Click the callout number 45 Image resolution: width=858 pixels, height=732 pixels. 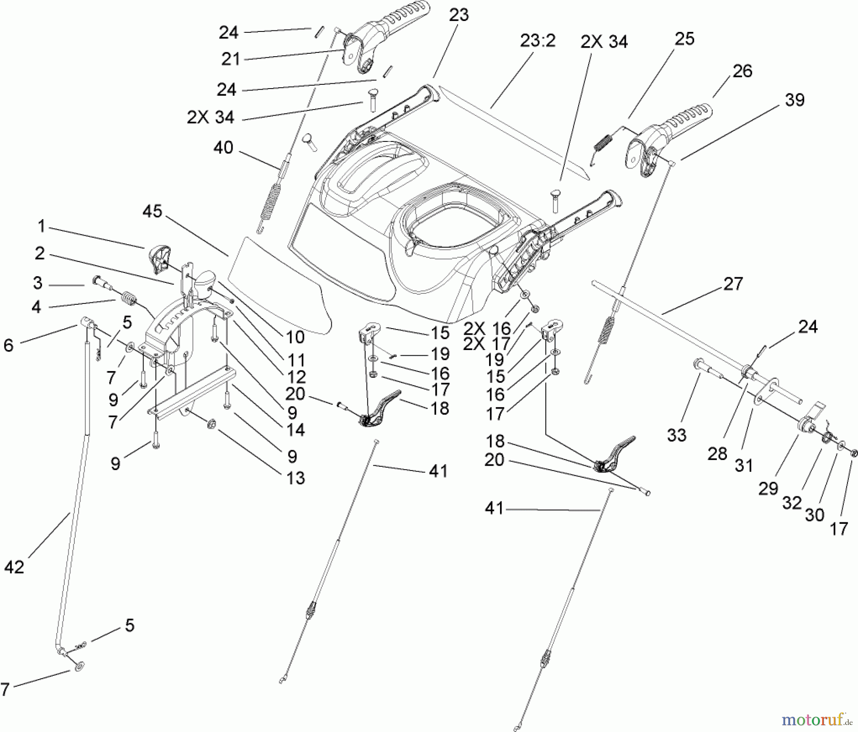(x=152, y=211)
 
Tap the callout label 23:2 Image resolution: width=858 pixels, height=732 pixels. (x=537, y=41)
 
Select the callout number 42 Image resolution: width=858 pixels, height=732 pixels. (x=14, y=567)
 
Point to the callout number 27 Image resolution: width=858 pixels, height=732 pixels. (x=733, y=284)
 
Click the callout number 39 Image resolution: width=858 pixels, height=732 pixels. (x=794, y=100)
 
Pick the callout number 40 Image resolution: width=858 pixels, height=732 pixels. (x=223, y=148)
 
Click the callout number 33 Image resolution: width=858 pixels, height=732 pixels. (x=676, y=435)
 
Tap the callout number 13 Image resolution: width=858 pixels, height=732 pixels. (x=296, y=478)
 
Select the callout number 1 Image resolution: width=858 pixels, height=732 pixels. (x=41, y=226)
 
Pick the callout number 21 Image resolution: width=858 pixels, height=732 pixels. (x=231, y=60)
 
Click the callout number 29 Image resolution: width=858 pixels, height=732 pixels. (x=768, y=488)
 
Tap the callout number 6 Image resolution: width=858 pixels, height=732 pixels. (x=9, y=345)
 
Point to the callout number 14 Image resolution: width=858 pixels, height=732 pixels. (x=296, y=430)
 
